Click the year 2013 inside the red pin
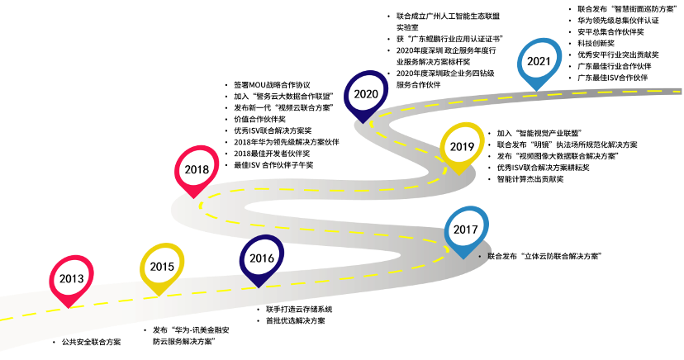[71, 278]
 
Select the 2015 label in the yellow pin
[162, 267]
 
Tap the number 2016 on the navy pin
[262, 258]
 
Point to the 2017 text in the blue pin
[466, 230]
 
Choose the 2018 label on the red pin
[197, 170]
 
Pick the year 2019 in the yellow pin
[462, 147]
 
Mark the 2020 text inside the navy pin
[366, 94]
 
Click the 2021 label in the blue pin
[539, 61]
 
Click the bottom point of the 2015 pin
[158, 296]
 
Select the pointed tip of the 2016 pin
[259, 287]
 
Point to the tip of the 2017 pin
[462, 259]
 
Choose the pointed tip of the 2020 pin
[363, 123]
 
